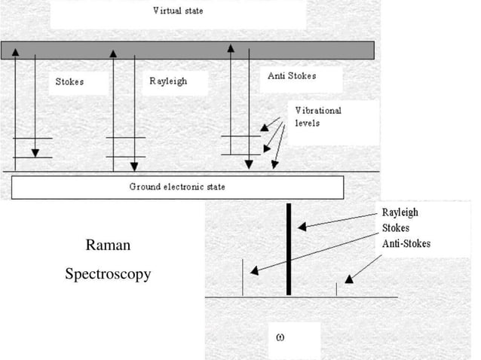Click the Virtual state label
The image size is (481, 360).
[x=178, y=11]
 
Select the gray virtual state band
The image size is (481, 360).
[x=188, y=50]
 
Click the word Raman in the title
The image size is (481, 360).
[x=107, y=245]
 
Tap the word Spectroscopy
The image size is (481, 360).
[x=107, y=273]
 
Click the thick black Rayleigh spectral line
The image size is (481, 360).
[x=288, y=249]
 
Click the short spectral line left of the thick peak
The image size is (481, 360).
[x=242, y=277]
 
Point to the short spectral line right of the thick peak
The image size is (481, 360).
[x=336, y=289]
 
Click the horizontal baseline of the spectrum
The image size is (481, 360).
[x=302, y=297]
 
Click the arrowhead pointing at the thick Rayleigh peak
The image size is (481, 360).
[x=300, y=225]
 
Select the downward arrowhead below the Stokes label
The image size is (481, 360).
[x=35, y=154]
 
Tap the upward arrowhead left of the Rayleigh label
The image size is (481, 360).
[x=113, y=54]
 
